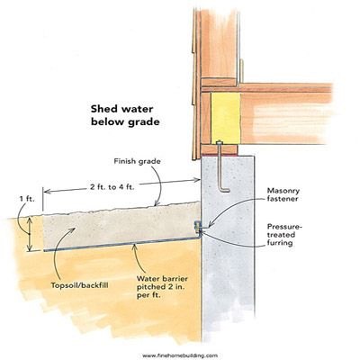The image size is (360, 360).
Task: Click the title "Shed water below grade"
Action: point(125,115)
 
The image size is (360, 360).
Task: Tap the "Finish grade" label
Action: point(137,161)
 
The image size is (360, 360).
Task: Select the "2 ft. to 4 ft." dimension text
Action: point(112,188)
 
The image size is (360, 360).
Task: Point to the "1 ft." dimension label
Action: point(28,199)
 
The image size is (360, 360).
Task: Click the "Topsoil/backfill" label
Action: point(79,285)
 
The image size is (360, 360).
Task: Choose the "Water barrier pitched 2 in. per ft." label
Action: point(162,287)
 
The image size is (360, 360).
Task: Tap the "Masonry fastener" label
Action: point(283,194)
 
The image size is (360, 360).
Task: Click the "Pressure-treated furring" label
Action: point(284,235)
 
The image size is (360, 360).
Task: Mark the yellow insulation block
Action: point(225,117)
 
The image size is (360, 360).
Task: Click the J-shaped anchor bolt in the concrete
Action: point(221,168)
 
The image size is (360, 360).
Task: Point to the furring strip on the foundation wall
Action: point(197,228)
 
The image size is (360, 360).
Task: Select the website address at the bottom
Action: point(180,355)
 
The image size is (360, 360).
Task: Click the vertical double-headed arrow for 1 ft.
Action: point(30,234)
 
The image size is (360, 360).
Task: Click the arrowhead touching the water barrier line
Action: point(135,246)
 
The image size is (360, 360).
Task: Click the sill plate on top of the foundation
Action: point(220,149)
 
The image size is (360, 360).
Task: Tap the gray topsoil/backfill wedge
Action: point(120,227)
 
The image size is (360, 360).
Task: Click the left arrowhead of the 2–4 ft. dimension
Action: point(47,191)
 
